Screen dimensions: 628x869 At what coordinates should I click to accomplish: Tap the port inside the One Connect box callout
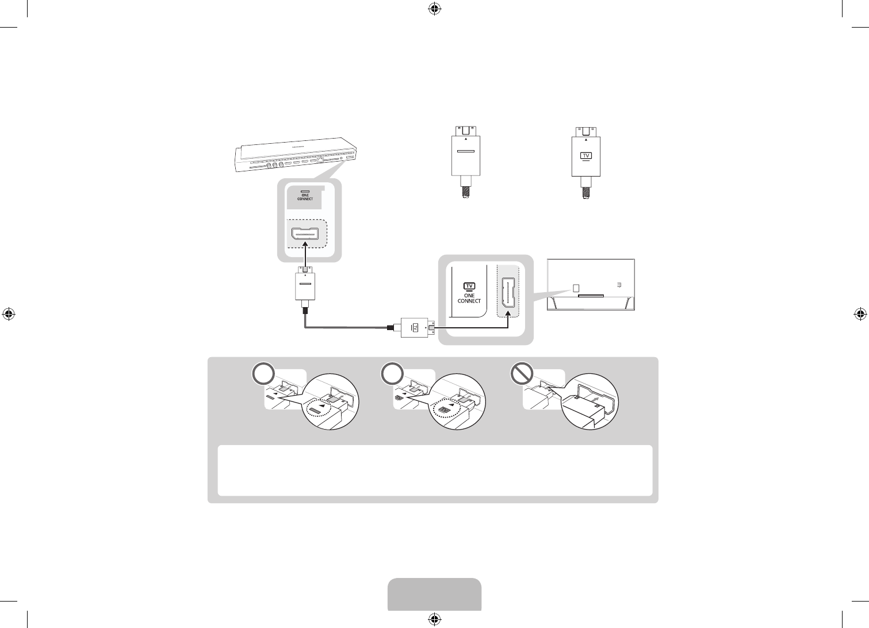(305, 235)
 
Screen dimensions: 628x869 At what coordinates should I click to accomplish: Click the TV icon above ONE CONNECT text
(469, 286)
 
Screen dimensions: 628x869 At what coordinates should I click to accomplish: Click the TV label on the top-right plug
(585, 155)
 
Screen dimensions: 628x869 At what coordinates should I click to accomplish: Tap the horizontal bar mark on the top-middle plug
(465, 153)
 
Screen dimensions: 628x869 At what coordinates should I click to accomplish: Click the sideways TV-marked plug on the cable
(414, 328)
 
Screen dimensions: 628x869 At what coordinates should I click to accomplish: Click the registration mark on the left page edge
(9, 314)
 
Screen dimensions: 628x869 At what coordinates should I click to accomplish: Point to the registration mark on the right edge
(860, 314)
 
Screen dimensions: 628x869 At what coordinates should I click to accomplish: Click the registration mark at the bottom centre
(434, 619)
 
